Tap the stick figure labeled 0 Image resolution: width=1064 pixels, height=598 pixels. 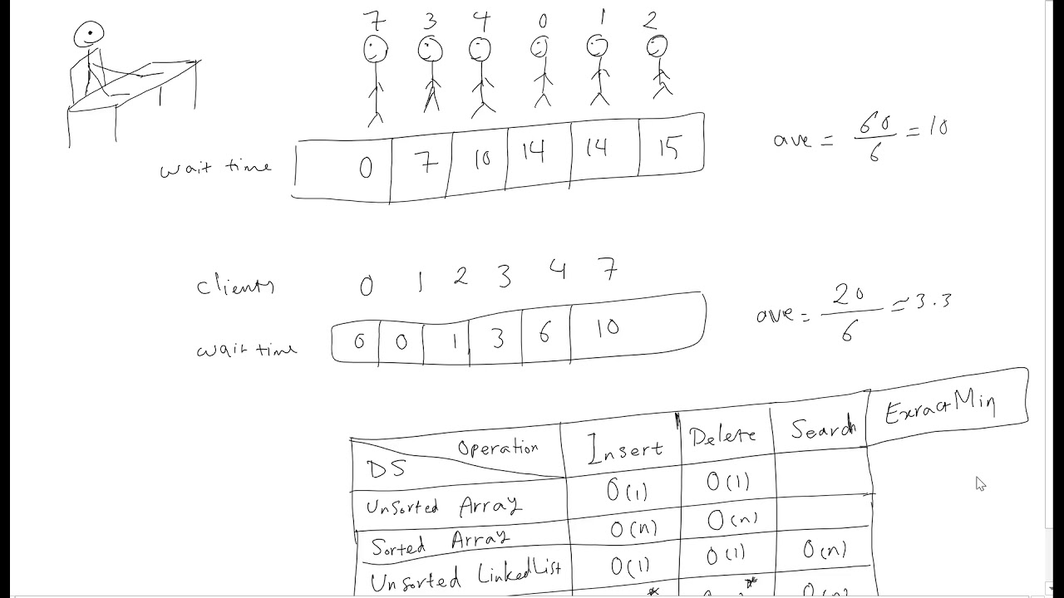(x=542, y=75)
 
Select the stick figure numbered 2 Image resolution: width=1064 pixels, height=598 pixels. (x=658, y=71)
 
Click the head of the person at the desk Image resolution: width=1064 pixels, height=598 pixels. (x=89, y=35)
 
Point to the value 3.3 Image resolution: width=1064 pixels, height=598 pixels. (x=933, y=301)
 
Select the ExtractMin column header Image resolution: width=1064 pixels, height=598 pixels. (x=939, y=406)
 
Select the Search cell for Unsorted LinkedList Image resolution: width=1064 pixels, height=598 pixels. (x=824, y=549)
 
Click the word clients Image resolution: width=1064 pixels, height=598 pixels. (x=235, y=286)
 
